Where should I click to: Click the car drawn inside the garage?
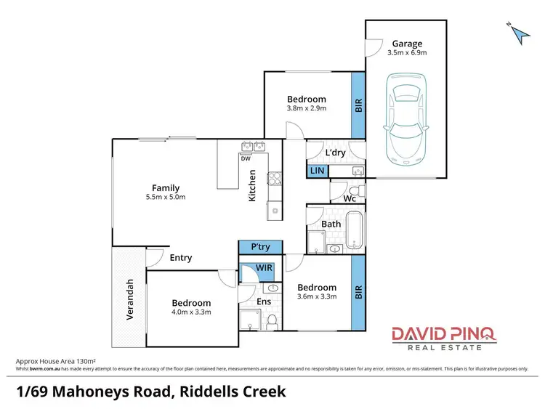405,121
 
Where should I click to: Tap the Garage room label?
407,44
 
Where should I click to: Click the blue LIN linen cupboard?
317,170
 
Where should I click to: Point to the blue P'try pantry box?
260,247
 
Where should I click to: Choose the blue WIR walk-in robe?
265,268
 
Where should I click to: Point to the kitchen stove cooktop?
274,179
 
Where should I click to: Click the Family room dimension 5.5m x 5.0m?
166,197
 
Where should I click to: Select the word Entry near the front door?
181,257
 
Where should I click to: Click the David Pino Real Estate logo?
443,338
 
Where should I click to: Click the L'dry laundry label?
335,153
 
